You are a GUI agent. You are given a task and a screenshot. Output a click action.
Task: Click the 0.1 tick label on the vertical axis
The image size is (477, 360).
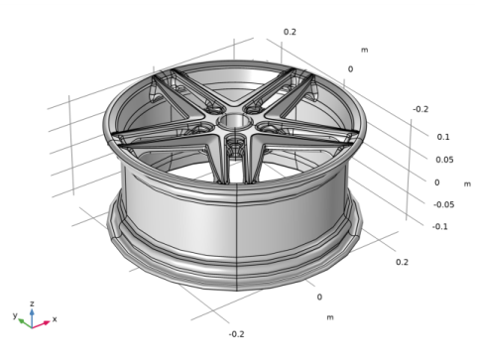(x=443, y=137)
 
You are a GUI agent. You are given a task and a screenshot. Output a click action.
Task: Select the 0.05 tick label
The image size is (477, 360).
(x=444, y=160)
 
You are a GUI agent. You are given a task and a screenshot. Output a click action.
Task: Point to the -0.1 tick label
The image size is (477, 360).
(x=440, y=226)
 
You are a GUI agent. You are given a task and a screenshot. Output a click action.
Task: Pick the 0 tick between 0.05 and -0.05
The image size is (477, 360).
(x=436, y=182)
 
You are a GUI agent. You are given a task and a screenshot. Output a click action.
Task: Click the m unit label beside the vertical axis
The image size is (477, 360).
(x=467, y=184)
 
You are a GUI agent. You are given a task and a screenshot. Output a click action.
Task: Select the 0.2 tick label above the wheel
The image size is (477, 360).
(x=290, y=32)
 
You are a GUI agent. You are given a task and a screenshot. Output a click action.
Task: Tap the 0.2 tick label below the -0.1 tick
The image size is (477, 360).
(x=402, y=262)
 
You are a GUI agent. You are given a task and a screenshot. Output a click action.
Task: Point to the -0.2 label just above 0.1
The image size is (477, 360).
(x=420, y=109)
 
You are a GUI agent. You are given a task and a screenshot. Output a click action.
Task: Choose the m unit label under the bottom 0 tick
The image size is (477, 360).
(x=330, y=316)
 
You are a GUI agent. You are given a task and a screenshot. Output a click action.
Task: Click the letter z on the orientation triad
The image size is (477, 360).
(x=32, y=303)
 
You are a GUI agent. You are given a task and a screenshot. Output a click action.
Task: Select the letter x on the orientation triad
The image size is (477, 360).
(x=55, y=319)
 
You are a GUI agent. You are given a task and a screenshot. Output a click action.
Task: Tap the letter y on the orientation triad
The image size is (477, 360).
(x=14, y=313)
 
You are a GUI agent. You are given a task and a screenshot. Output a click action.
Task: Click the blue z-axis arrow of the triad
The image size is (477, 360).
(x=32, y=314)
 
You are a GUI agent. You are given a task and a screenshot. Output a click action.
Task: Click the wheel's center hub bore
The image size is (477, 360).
(x=236, y=122)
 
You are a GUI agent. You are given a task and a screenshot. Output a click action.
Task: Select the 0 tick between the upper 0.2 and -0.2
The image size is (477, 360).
(x=350, y=69)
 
